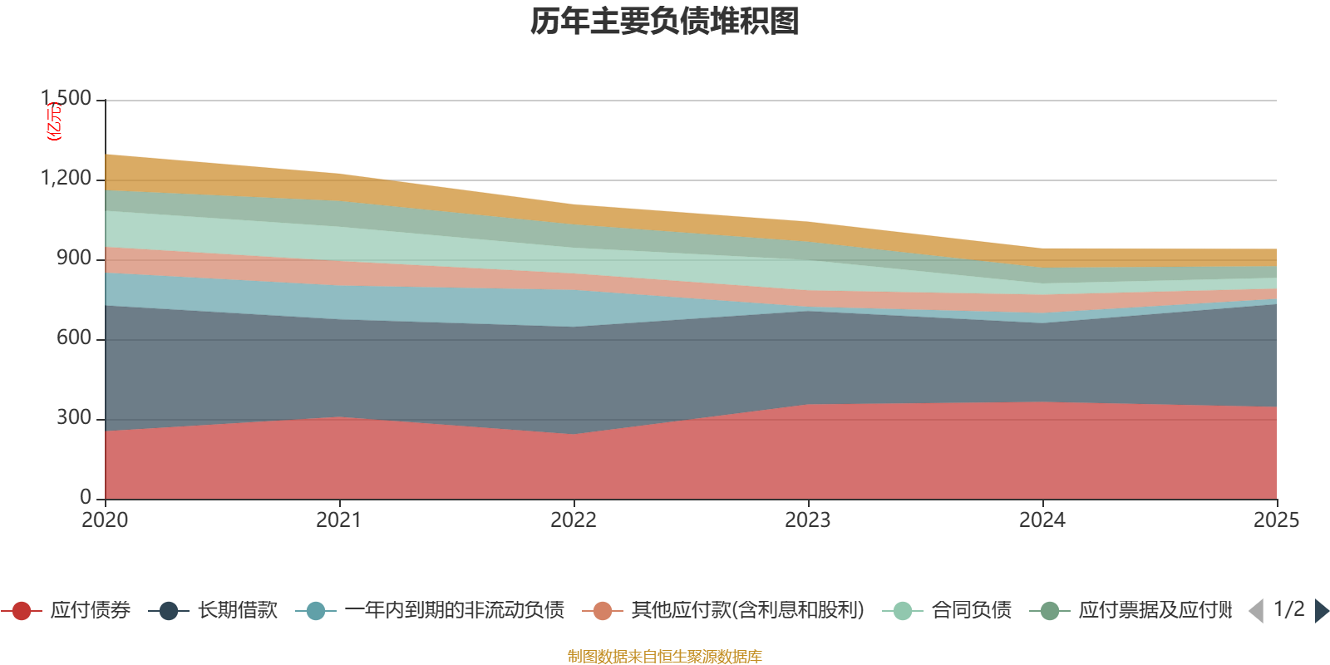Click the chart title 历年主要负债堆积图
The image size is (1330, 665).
pos(665,22)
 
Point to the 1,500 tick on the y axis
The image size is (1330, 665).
pos(66,99)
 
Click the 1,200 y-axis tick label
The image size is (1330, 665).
pos(66,179)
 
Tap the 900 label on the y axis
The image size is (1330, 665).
pos(74,259)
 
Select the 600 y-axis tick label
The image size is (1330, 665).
pos(74,338)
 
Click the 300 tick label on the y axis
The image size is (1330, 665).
pos(74,418)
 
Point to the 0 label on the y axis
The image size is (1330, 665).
pos(86,497)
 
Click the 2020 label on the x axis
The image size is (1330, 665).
pos(105,520)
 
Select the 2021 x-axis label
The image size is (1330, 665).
pos(339,520)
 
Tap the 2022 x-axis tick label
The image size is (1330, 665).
pos(574,520)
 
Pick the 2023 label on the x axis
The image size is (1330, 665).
pos(808,520)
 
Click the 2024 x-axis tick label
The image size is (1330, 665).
pos(1042,520)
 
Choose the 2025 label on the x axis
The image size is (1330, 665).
pos(1276,520)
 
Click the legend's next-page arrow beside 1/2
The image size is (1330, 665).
pos(1321,611)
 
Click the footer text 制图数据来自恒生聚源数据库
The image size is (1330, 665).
pos(665,657)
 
